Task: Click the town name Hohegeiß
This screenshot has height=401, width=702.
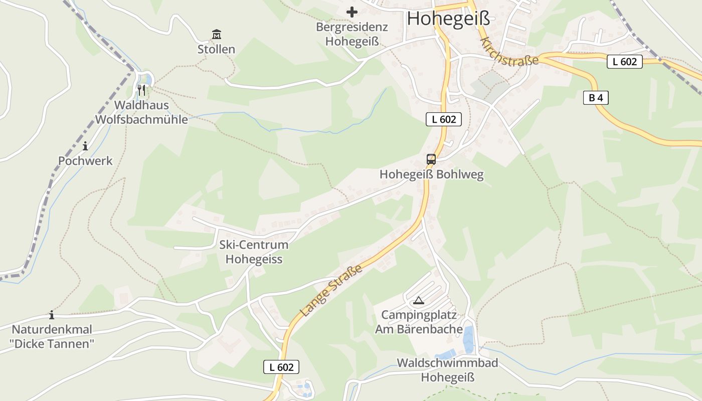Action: coord(448,18)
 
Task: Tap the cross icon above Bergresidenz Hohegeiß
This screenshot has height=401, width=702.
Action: coord(352,12)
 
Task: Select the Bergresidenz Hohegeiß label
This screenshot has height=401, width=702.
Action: coord(352,34)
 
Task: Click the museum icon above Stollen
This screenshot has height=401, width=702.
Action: coord(217,35)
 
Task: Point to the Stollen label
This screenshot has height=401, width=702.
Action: coord(216,49)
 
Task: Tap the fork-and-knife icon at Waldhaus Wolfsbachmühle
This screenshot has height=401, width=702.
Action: coord(141,90)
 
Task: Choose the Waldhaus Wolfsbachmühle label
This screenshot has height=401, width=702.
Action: coord(141,112)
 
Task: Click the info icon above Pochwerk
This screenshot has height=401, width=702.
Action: coord(85,146)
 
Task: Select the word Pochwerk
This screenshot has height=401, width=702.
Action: coord(85,161)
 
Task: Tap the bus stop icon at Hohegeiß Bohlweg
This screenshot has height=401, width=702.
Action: coord(431,159)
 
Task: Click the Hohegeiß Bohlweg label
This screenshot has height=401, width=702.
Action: coord(431,174)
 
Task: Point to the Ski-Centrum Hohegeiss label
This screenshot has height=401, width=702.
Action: coord(254,252)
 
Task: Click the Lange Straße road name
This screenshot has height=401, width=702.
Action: coord(331,291)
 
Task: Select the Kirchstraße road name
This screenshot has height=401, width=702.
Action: coord(508,51)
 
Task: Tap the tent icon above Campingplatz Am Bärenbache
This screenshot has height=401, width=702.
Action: coord(418,301)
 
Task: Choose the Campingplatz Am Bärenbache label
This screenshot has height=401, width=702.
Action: coord(419,322)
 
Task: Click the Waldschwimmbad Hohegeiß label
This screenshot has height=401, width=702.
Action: coord(447,370)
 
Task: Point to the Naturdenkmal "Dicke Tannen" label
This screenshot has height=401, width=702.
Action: coord(52,337)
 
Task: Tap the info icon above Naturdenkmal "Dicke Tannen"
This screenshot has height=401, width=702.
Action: coord(51,315)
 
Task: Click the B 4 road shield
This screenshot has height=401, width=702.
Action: coord(596,98)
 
